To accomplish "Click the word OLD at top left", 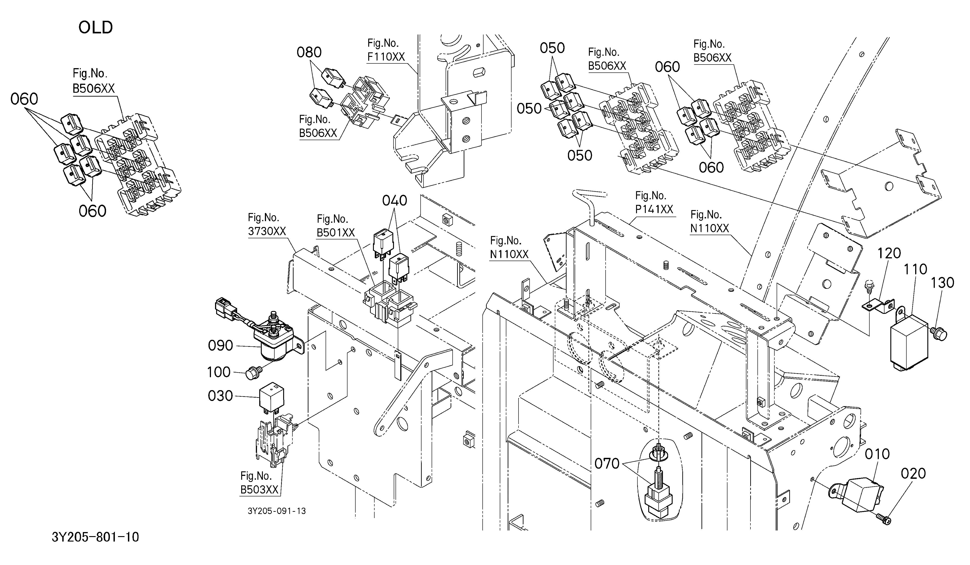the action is [95, 28].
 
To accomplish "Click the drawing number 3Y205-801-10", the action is [95, 537].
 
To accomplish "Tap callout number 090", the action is [221, 346].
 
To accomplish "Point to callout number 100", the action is [219, 372].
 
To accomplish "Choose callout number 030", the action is [221, 396].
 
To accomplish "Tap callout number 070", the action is [607, 464].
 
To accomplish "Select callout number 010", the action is [877, 454].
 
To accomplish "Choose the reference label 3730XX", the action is [267, 231].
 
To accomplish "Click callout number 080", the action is [309, 52].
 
